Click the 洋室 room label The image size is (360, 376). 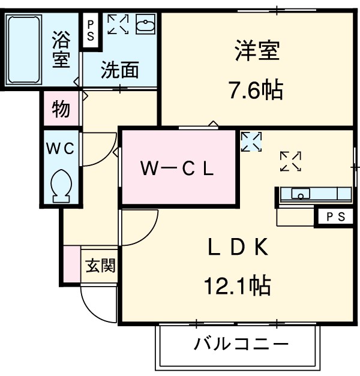(257, 52)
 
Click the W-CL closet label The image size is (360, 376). (177, 169)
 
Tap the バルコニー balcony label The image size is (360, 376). (241, 345)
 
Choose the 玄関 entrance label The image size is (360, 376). (100, 264)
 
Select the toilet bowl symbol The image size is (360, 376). (61, 184)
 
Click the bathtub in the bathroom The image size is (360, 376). (23, 50)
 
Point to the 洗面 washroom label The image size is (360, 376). (119, 71)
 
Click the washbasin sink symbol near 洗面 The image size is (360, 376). (145, 26)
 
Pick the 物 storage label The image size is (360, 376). (61, 109)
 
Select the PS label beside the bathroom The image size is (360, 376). (91, 30)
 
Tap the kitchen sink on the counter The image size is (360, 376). (300, 194)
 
